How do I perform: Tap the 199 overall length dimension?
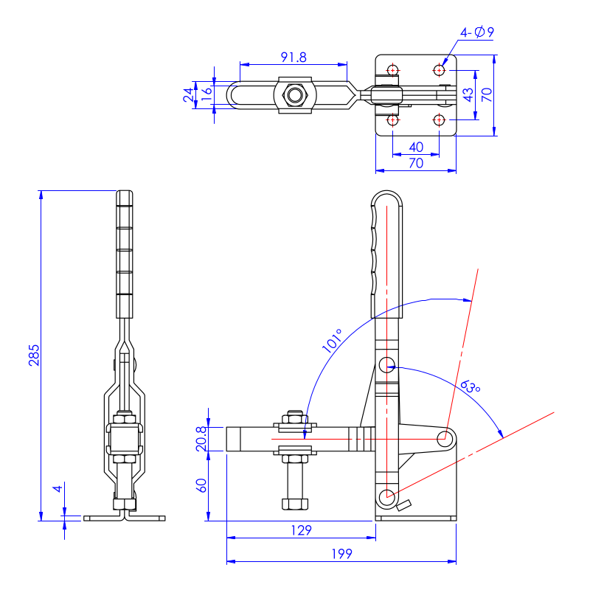[341, 553]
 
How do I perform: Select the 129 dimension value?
[301, 530]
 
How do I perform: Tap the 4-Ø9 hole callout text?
[476, 32]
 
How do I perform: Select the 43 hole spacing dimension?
[467, 94]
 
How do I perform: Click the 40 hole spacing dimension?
[416, 146]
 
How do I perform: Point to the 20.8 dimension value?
[201, 439]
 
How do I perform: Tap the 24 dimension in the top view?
[189, 94]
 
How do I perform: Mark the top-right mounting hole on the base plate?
[440, 70]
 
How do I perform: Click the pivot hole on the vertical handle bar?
[387, 364]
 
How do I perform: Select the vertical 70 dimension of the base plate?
[486, 94]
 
